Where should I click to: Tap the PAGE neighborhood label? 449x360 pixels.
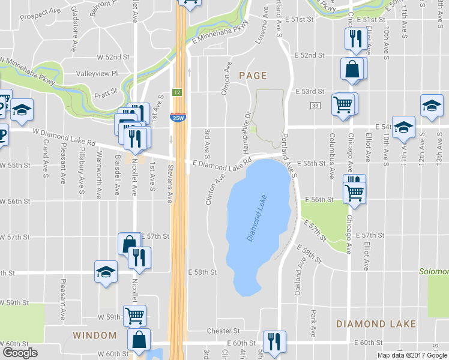pos(253,76)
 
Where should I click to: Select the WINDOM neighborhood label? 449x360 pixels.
pos(95,335)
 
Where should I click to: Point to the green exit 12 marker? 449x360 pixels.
pos(177,92)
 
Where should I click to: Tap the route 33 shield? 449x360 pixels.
pos(315,105)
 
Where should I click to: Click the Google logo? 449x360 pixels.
pos(20,353)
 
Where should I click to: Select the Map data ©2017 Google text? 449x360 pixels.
pos(411,355)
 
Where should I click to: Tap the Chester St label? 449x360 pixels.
pos(223,331)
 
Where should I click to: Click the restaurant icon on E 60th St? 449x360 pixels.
pos(274,341)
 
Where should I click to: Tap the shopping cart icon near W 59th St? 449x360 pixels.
pos(134,315)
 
